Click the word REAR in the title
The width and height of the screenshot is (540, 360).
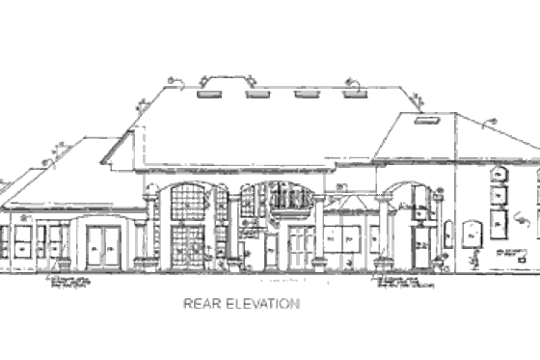[x=198, y=303]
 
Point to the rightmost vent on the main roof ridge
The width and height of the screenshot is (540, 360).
[x=354, y=95]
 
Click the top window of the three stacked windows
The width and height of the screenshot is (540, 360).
[x=499, y=176]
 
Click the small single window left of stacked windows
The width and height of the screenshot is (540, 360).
[x=472, y=235]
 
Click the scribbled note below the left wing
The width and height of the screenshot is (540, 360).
[x=69, y=282]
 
